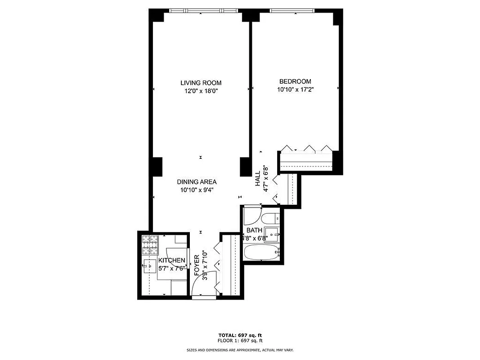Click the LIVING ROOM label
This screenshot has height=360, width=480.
click(x=201, y=83)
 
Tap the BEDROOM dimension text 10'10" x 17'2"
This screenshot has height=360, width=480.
click(x=295, y=89)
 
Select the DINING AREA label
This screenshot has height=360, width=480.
click(x=197, y=182)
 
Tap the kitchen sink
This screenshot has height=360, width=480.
click(x=149, y=266)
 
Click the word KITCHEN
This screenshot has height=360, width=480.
click(x=171, y=261)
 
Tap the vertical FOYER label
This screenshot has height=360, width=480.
click(x=197, y=265)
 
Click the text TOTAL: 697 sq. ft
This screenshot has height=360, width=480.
click(x=240, y=335)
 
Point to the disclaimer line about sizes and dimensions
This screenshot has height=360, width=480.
click(x=240, y=350)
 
